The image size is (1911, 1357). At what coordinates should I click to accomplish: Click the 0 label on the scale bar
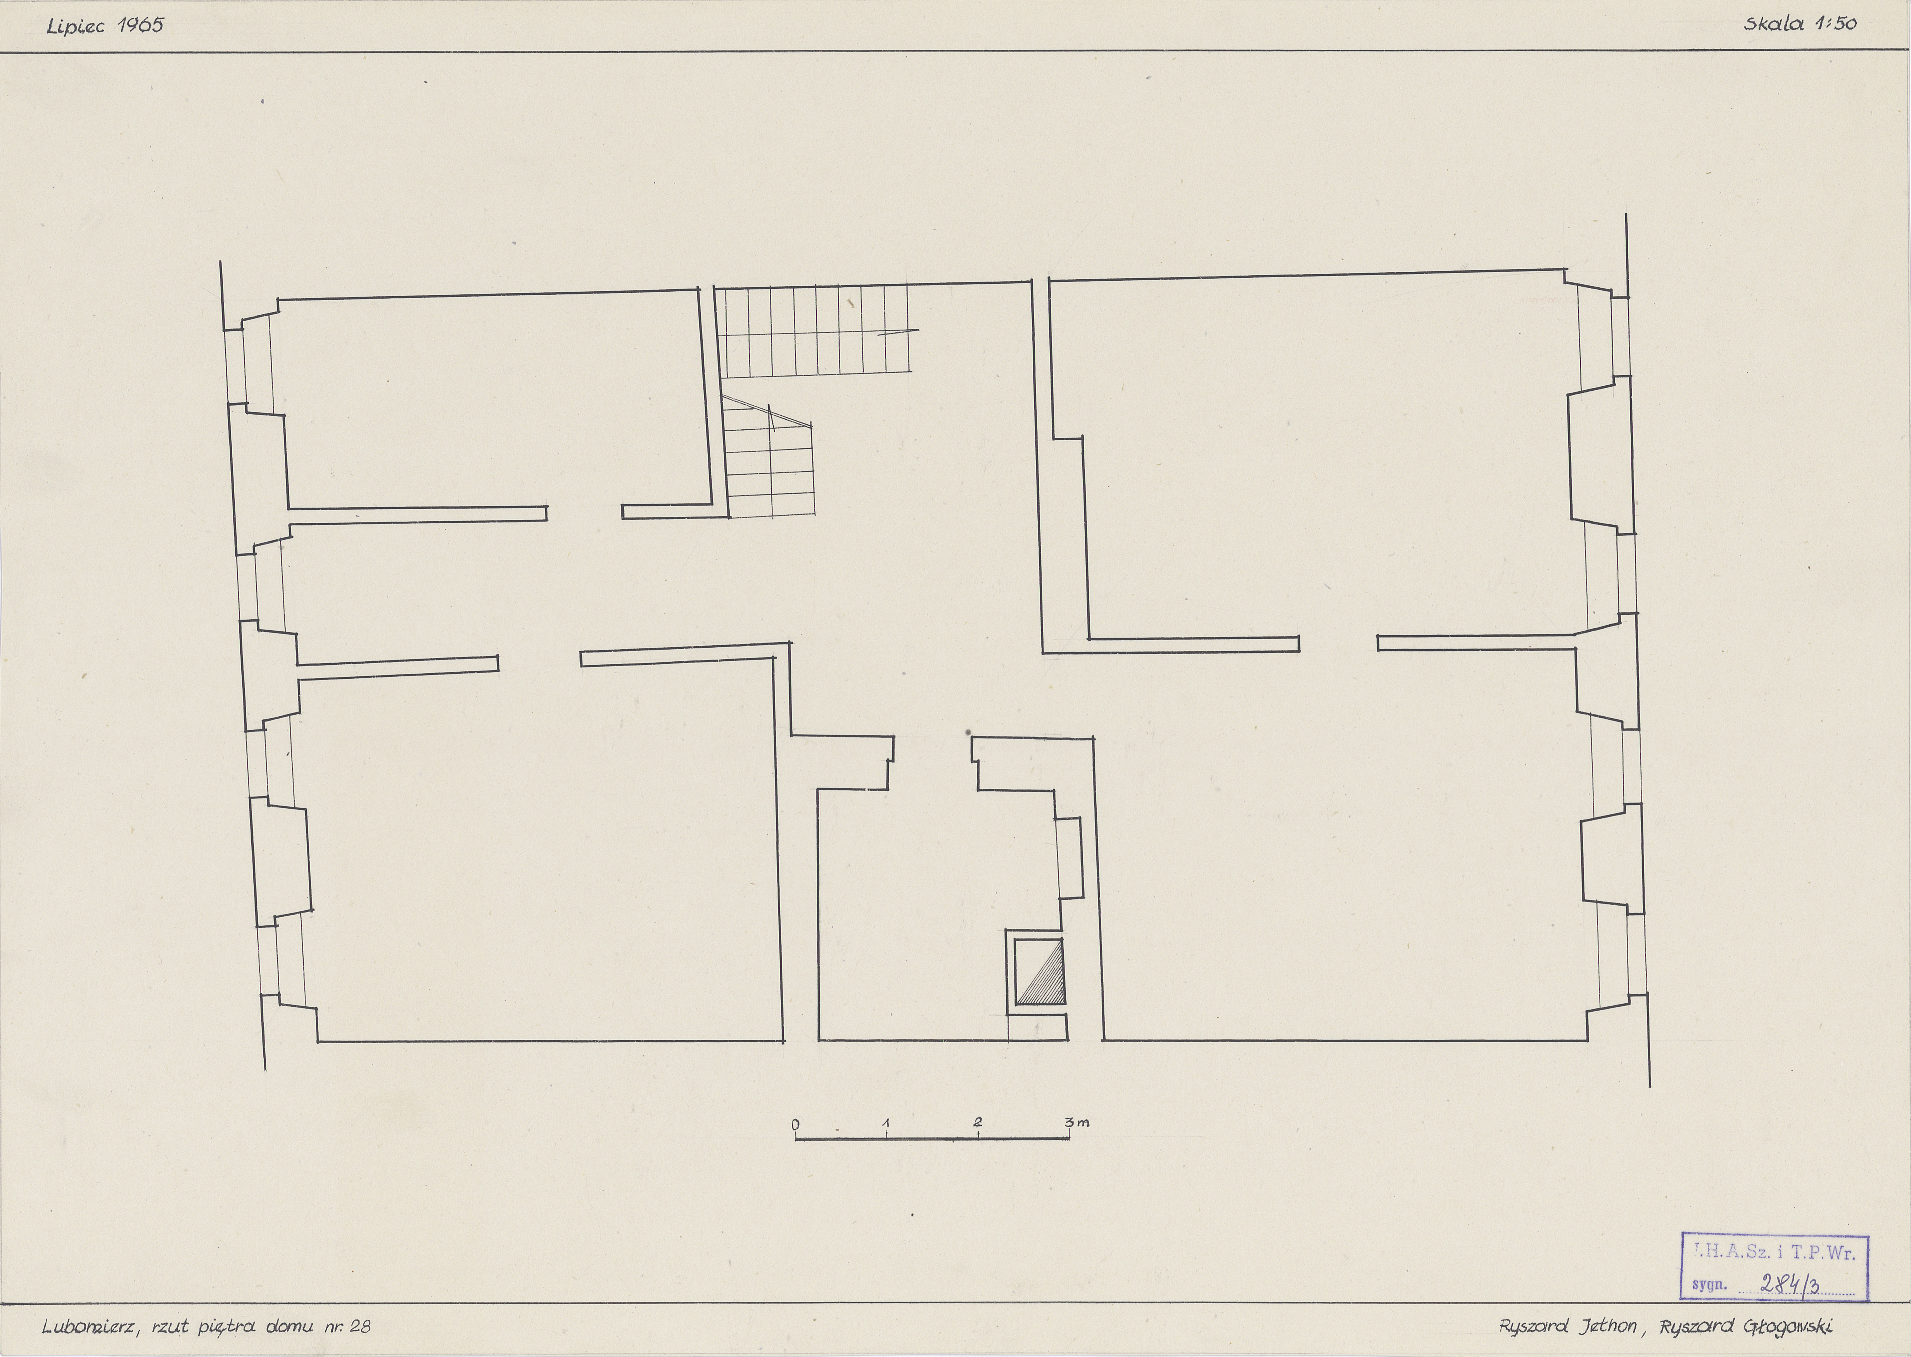tap(795, 1124)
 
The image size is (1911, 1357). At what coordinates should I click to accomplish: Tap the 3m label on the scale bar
tap(1077, 1122)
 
